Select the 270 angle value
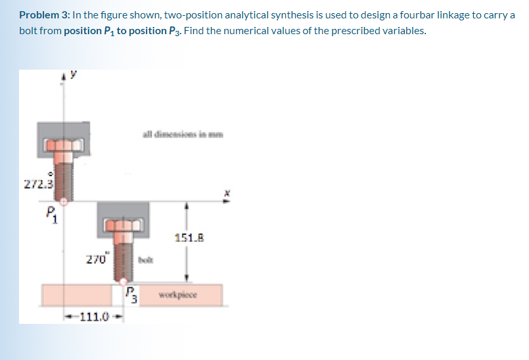96,259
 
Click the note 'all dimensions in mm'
182,136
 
